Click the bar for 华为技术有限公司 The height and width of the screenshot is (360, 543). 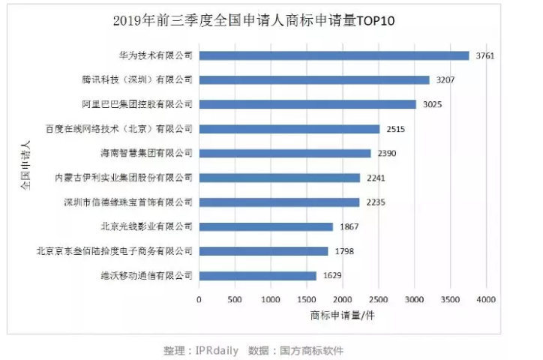pos(334,55)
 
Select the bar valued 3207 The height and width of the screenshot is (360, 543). pos(314,79)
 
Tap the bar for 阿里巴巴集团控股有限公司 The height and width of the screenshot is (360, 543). pos(307,104)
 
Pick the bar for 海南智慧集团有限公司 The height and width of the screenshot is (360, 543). pos(285,153)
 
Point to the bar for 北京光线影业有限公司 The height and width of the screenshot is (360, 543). pos(266,226)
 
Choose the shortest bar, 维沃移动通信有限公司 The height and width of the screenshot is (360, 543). pos(257,275)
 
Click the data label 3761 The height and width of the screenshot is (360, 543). pos(486,55)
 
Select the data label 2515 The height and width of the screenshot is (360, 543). pos(396,129)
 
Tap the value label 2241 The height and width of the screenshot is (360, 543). pos(376,178)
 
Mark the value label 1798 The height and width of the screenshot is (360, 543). pos(344,251)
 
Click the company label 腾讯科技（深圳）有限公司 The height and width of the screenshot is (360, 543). pos(137,79)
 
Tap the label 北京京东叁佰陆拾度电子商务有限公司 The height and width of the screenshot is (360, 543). pos(115,251)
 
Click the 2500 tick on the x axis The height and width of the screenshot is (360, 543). pos(378,300)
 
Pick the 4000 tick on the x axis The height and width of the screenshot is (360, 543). pos(486,300)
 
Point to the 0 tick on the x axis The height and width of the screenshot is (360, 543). pos(199,300)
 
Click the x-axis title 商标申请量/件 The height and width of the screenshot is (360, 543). pos(342,316)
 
